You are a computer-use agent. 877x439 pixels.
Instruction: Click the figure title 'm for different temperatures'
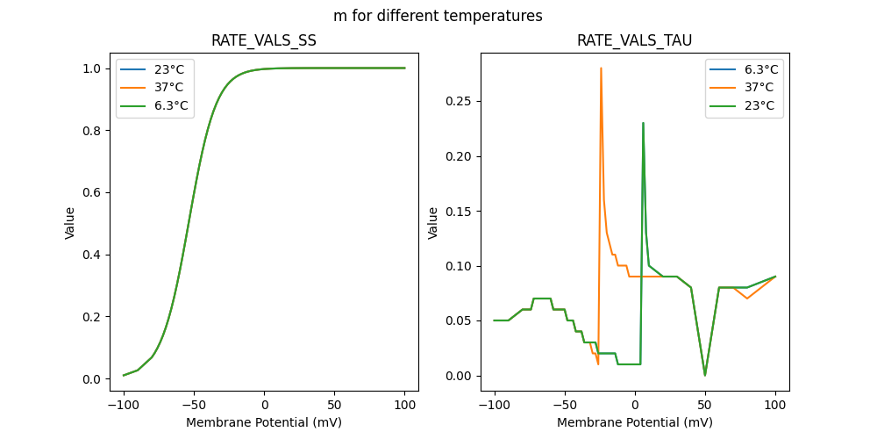(438, 16)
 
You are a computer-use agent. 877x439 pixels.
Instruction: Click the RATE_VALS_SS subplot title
(264, 41)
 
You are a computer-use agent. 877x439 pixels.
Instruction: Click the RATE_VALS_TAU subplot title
(634, 41)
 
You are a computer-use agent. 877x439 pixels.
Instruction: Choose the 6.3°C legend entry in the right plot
(759, 69)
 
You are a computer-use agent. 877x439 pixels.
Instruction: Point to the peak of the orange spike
(601, 68)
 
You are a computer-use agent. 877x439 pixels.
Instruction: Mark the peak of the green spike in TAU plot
(643, 123)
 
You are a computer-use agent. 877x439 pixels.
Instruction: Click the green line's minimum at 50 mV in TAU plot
(705, 375)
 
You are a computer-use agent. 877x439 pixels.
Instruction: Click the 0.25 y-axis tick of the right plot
(458, 101)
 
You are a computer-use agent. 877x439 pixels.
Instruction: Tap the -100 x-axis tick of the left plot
(124, 407)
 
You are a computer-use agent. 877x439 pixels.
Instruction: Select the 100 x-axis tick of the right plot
(775, 407)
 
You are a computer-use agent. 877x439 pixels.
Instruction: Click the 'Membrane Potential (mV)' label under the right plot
(634, 422)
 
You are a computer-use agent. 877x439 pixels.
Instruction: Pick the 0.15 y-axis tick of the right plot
(458, 211)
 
